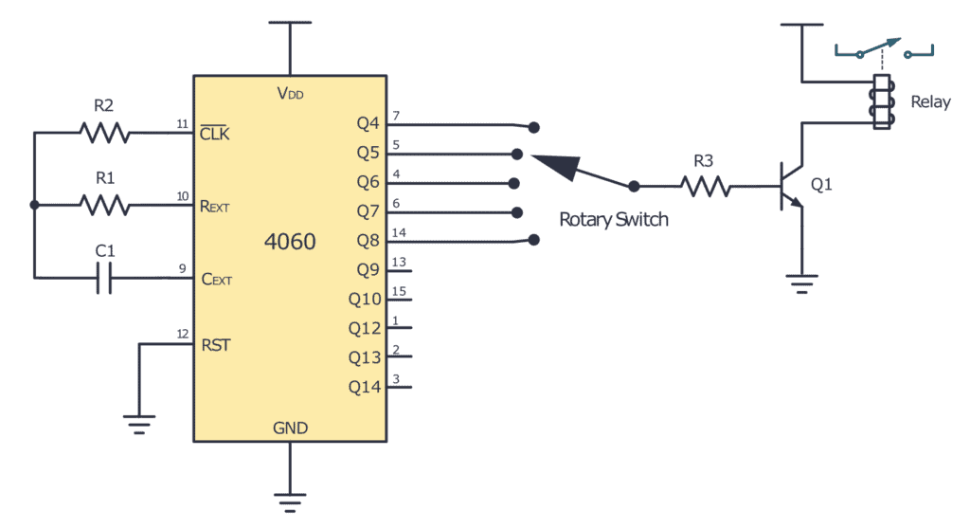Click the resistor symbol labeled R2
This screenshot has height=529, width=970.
105,133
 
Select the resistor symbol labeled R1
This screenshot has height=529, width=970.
105,205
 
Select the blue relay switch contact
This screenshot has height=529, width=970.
883,50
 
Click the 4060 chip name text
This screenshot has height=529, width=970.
290,242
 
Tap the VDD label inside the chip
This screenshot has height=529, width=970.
290,94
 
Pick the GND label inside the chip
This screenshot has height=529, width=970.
290,429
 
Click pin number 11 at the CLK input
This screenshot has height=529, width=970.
182,124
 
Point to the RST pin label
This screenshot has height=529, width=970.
215,345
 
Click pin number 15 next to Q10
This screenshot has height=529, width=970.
399,291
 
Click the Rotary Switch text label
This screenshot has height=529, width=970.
614,220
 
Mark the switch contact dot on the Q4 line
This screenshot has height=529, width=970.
534,126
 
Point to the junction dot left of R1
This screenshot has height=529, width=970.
35,205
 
